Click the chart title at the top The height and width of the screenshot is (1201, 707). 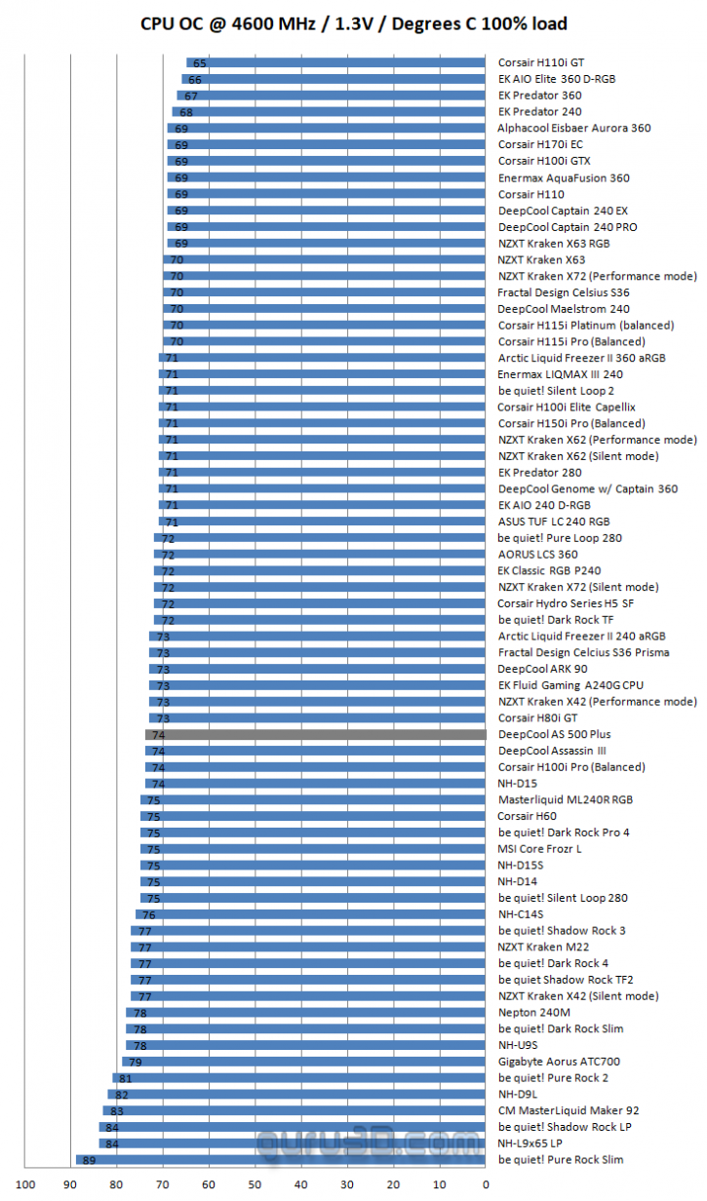coord(353,23)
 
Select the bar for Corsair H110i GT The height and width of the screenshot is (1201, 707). coord(336,62)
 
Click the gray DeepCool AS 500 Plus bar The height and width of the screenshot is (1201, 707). coord(315,734)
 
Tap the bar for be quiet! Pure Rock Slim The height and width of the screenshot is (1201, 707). coord(281,1160)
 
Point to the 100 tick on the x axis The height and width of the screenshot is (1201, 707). coord(25,1184)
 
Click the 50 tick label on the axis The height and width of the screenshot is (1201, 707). coord(255,1184)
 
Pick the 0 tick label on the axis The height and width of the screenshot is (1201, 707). coord(485,1184)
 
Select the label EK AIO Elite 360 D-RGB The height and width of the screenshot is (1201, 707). coord(570,79)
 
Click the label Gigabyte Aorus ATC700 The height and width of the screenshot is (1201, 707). coord(559,1062)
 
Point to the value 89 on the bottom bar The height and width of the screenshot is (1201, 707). coord(88,1160)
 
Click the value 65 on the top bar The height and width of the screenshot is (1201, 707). coord(199,62)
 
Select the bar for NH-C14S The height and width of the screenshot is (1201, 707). coord(310,914)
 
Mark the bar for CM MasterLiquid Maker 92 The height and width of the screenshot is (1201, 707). coord(295,1110)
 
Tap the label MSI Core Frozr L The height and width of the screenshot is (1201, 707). coord(539,848)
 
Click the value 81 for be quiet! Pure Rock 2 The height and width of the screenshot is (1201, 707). coord(125,1078)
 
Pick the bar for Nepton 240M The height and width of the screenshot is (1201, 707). coord(306,1012)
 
